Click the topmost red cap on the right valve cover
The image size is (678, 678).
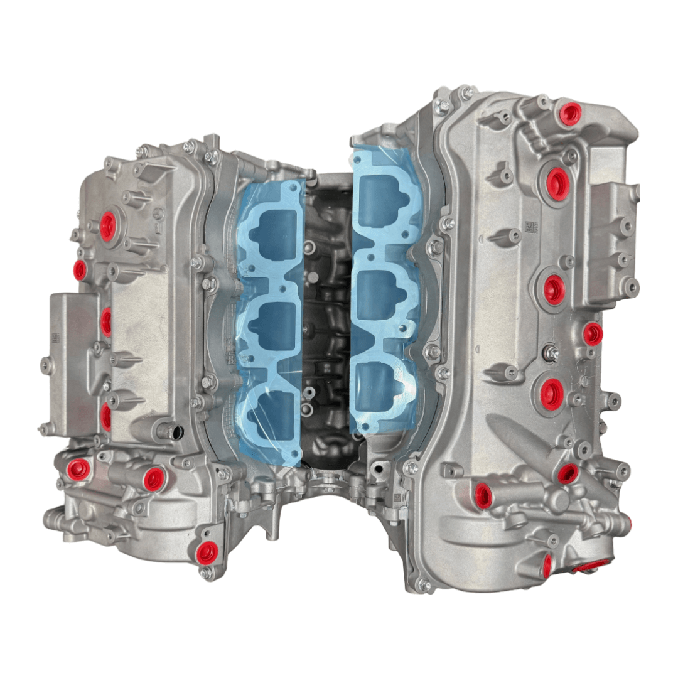click(x=571, y=114)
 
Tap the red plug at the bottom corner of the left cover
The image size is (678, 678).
click(x=207, y=552)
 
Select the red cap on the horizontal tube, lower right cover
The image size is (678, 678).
click(x=482, y=496)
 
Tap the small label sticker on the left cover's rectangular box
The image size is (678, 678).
click(x=55, y=338)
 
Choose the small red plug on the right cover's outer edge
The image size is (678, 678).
click(x=592, y=334)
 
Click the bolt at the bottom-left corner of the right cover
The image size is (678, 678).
click(x=424, y=585)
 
